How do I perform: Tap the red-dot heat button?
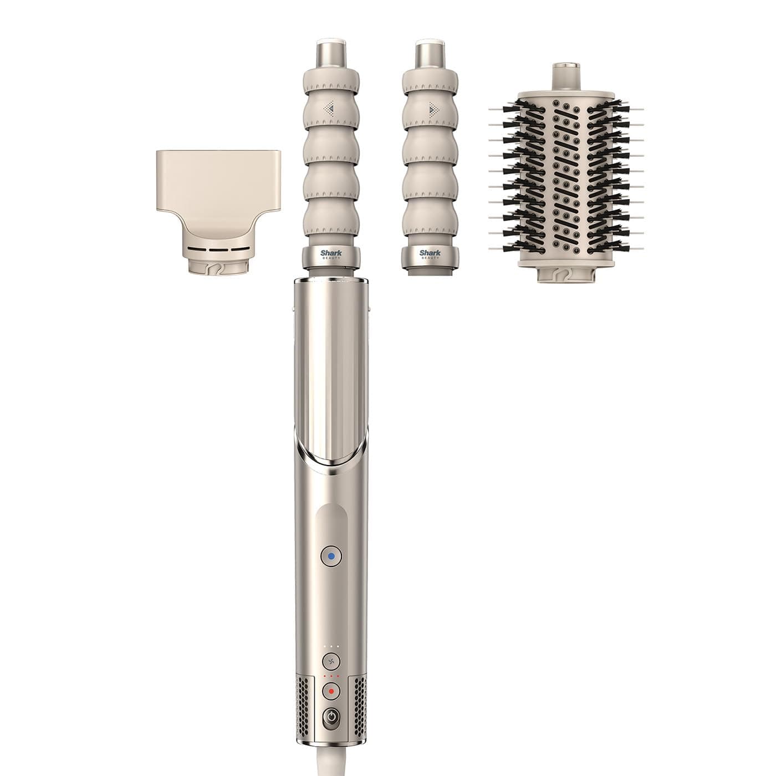point(331,691)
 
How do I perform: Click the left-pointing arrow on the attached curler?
point(330,108)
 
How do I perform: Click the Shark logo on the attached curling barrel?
point(331,254)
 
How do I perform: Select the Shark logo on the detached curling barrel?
point(430,254)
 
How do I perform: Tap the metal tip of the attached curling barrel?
point(331,53)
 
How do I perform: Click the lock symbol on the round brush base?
point(561,272)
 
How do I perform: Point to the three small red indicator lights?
point(331,677)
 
